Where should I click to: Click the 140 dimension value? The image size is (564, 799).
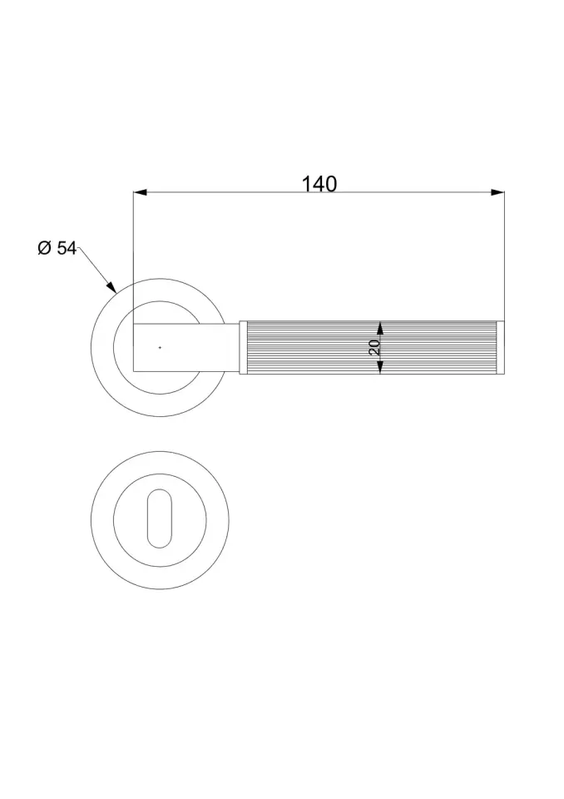click(x=319, y=183)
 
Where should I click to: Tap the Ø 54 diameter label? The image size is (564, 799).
click(x=57, y=248)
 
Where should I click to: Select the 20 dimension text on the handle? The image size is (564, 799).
click(x=374, y=348)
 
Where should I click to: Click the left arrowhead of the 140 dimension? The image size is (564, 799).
click(x=140, y=192)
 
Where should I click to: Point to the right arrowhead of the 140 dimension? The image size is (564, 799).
click(x=497, y=192)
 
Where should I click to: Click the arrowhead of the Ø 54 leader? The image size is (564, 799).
click(x=111, y=286)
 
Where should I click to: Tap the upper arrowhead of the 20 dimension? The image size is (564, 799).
click(x=380, y=328)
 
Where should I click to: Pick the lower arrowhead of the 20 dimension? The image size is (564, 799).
click(x=380, y=367)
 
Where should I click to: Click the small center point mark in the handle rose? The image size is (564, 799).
click(x=160, y=348)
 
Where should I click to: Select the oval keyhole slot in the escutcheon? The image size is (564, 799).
click(x=160, y=519)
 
